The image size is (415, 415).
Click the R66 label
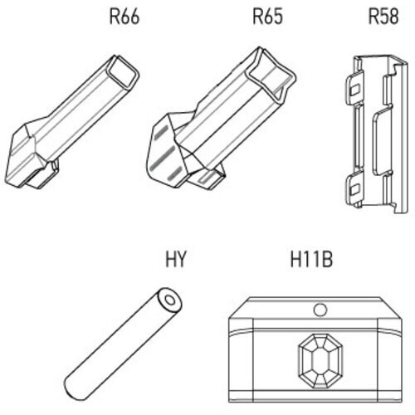[124, 17]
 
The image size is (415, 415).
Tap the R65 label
[267, 17]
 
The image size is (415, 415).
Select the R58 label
[383, 17]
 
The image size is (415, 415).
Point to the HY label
[174, 259]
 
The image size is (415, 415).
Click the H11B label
[311, 259]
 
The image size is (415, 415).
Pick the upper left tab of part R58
[354, 88]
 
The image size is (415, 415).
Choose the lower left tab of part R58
[354, 188]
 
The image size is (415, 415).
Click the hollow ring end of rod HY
[169, 300]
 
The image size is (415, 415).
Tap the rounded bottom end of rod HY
[72, 389]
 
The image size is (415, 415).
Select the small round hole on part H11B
[320, 310]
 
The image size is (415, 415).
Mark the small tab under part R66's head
[44, 175]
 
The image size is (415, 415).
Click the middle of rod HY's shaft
[123, 344]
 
